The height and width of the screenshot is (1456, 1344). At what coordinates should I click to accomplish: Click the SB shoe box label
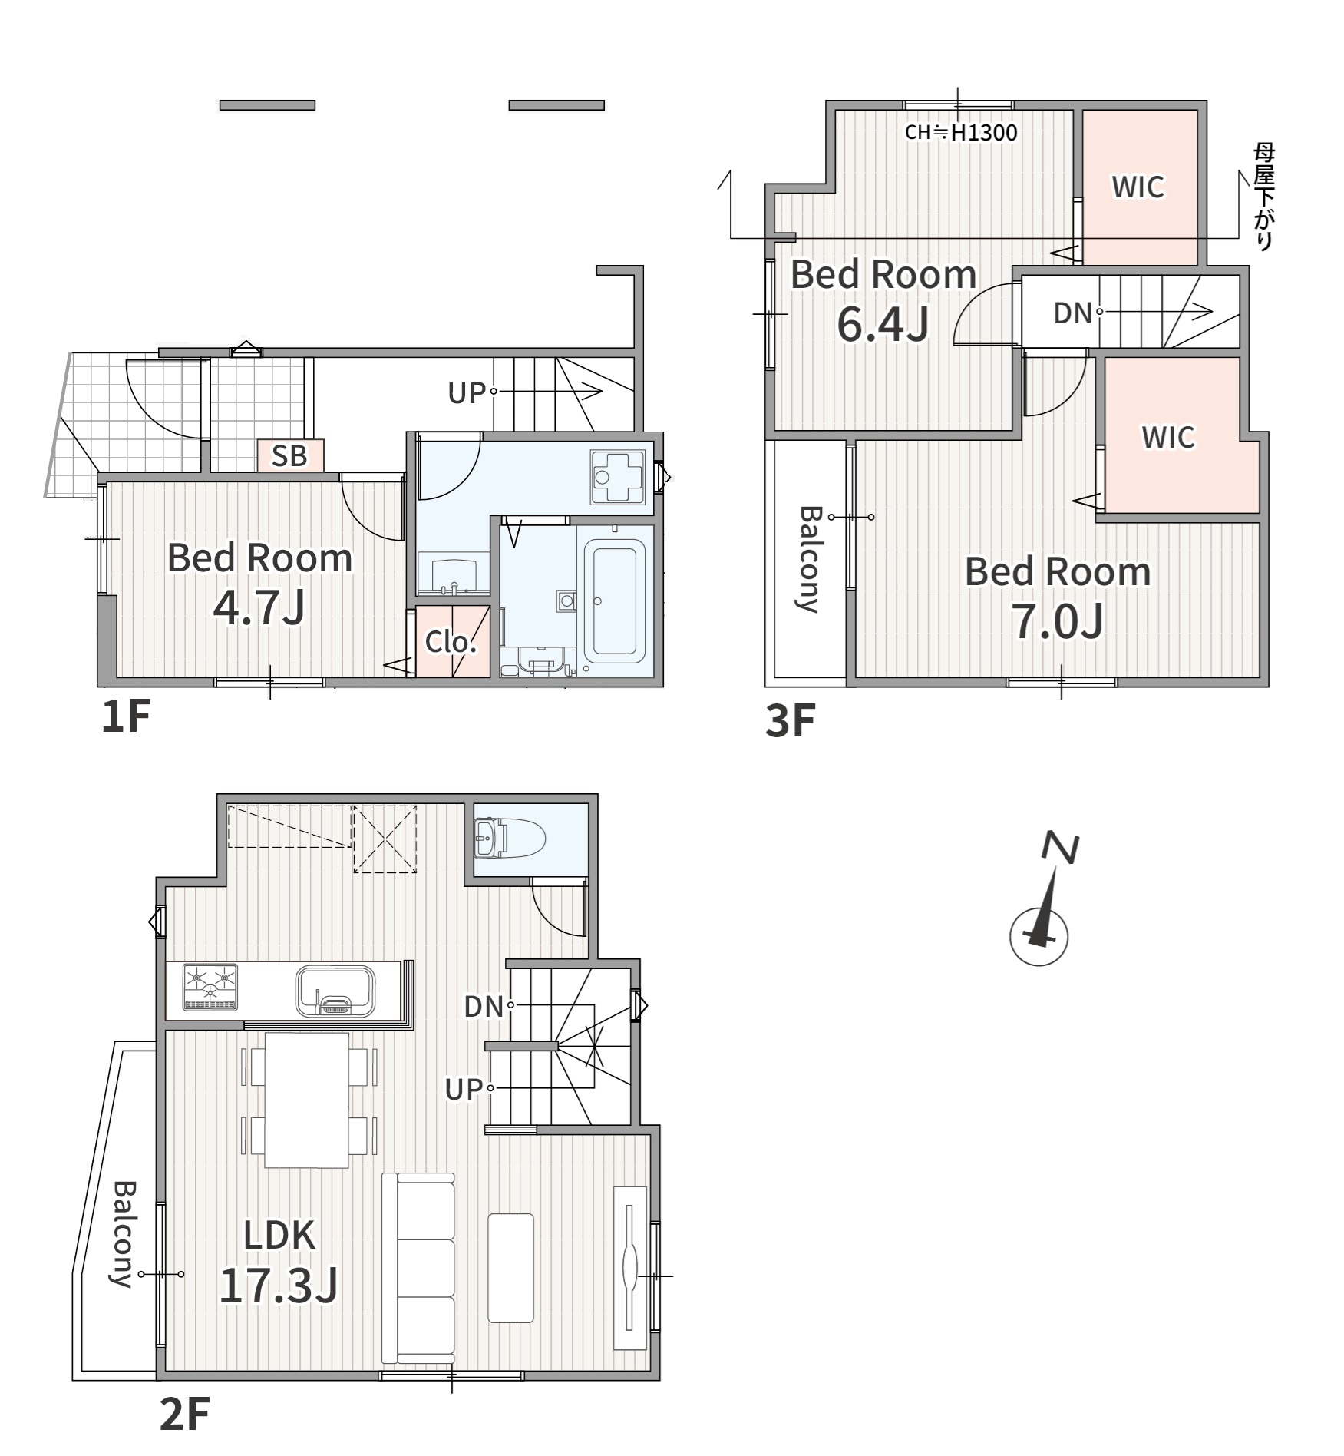289,455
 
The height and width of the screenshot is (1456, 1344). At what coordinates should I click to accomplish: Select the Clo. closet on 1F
452,641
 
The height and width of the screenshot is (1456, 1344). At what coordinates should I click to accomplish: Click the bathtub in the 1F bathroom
614,601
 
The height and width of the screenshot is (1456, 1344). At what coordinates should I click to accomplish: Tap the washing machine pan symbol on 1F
621,477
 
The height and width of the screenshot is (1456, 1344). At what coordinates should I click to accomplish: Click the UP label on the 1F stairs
467,393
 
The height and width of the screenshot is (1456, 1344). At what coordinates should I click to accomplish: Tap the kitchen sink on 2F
335,991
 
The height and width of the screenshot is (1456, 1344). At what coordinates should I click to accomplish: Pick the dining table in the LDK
307,1100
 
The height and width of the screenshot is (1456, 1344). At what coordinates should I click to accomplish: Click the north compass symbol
1040,908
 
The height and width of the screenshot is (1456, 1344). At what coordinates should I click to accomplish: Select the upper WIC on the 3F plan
1138,187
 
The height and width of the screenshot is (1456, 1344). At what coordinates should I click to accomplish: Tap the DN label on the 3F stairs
1072,313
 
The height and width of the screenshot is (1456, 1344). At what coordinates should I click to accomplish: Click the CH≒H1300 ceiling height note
961,133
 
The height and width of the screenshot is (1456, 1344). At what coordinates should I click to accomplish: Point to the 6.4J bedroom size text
883,324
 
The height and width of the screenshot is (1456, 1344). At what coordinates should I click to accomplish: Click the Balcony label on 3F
809,558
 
